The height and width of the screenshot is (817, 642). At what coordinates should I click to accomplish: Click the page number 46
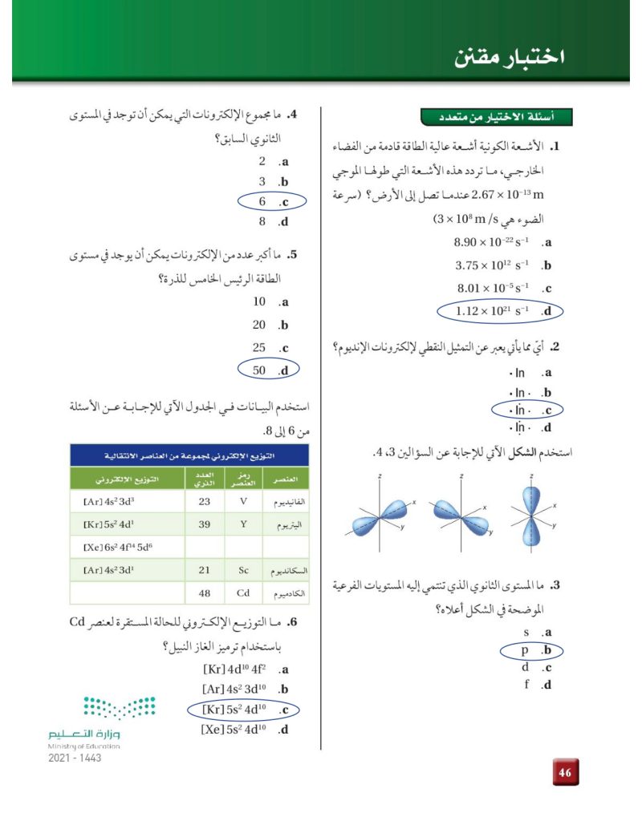(x=565, y=773)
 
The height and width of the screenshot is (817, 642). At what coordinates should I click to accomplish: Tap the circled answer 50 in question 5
(x=266, y=370)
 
